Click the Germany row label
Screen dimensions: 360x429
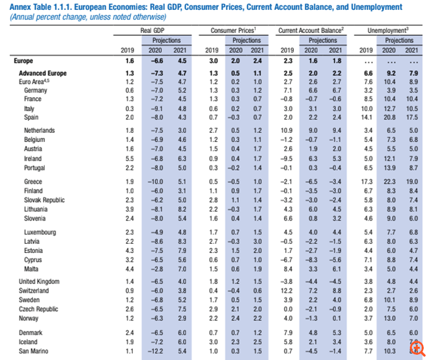[35, 89]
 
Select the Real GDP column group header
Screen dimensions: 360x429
[152, 31]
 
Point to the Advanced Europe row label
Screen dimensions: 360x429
[42, 72]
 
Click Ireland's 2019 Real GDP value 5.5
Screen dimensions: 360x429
[129, 159]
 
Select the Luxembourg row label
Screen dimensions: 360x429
[40, 232]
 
